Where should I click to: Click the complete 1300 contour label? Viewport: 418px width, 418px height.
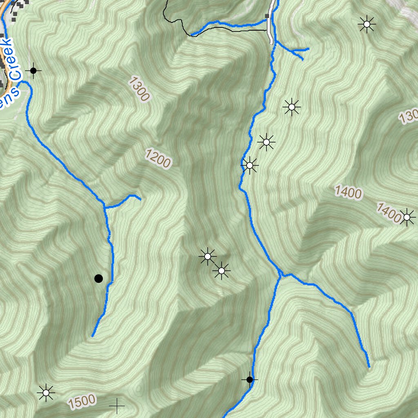[139, 89]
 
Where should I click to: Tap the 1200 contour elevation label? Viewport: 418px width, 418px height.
[158, 158]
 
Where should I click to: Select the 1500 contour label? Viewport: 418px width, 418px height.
[82, 402]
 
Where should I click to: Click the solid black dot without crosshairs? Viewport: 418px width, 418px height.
[98, 278]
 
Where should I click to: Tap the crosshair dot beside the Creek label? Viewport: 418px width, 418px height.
[33, 71]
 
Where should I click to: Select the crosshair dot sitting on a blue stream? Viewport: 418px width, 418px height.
[250, 380]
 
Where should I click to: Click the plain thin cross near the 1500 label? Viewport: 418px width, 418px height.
[117, 406]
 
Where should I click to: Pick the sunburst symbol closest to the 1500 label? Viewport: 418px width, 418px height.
[46, 393]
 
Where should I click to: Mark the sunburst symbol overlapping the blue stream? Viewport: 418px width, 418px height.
[249, 165]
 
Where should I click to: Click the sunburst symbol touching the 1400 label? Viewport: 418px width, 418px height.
[407, 217]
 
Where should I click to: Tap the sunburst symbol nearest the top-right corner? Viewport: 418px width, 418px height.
[367, 24]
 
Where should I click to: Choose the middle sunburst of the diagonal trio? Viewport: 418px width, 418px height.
[267, 142]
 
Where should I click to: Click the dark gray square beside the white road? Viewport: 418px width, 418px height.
[267, 16]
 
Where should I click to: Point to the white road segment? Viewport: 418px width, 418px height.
[270, 29]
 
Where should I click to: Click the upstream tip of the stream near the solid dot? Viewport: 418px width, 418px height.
[93, 336]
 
